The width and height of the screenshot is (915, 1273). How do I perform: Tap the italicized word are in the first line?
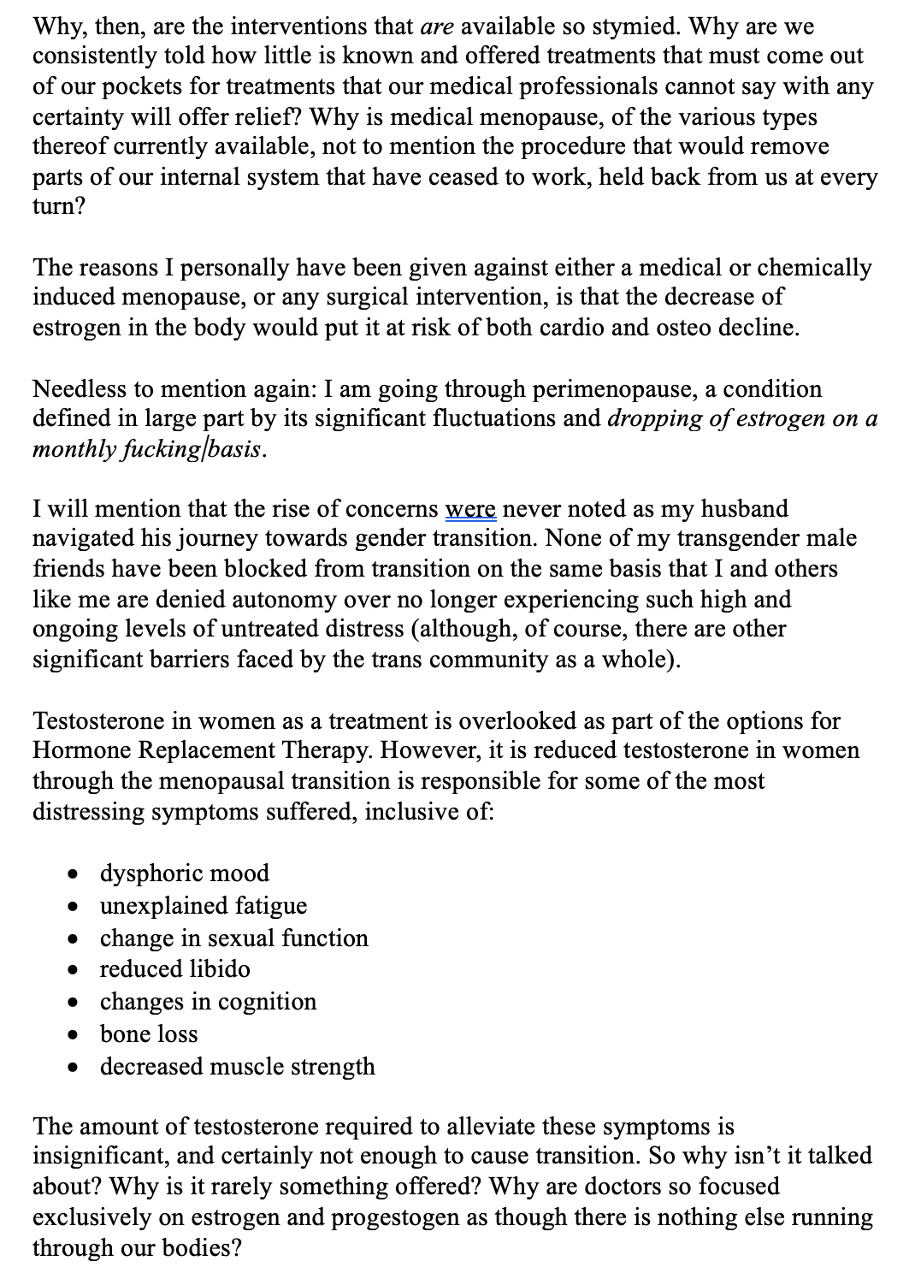[x=437, y=26]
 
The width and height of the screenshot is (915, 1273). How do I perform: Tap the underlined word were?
[x=470, y=509]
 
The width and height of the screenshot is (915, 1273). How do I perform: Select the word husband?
[x=744, y=509]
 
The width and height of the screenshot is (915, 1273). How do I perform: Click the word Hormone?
[x=81, y=750]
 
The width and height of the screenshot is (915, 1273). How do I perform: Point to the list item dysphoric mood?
[x=185, y=873]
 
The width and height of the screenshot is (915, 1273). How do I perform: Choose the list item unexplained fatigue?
[x=204, y=905]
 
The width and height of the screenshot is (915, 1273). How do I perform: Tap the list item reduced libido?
[x=175, y=969]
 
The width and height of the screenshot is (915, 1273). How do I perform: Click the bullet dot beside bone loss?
[x=76, y=1035]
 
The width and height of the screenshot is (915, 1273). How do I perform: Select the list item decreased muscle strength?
[x=238, y=1067]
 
